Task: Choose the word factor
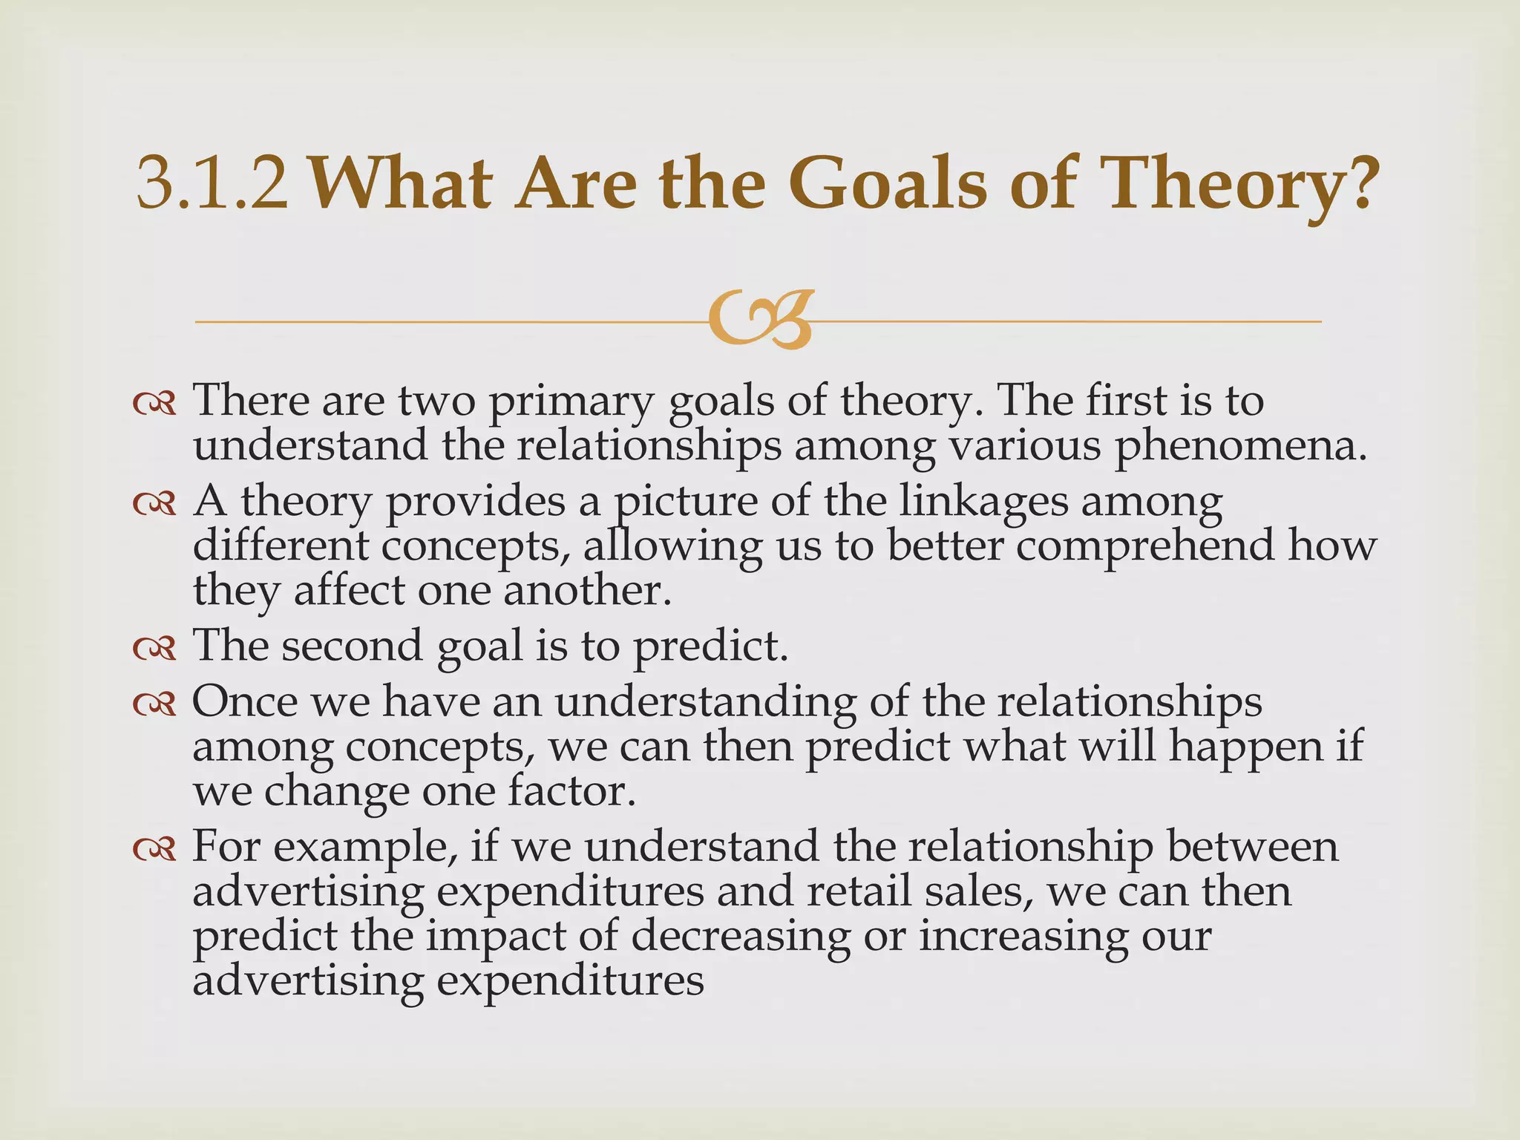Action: coord(571,791)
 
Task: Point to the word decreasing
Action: coord(740,935)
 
